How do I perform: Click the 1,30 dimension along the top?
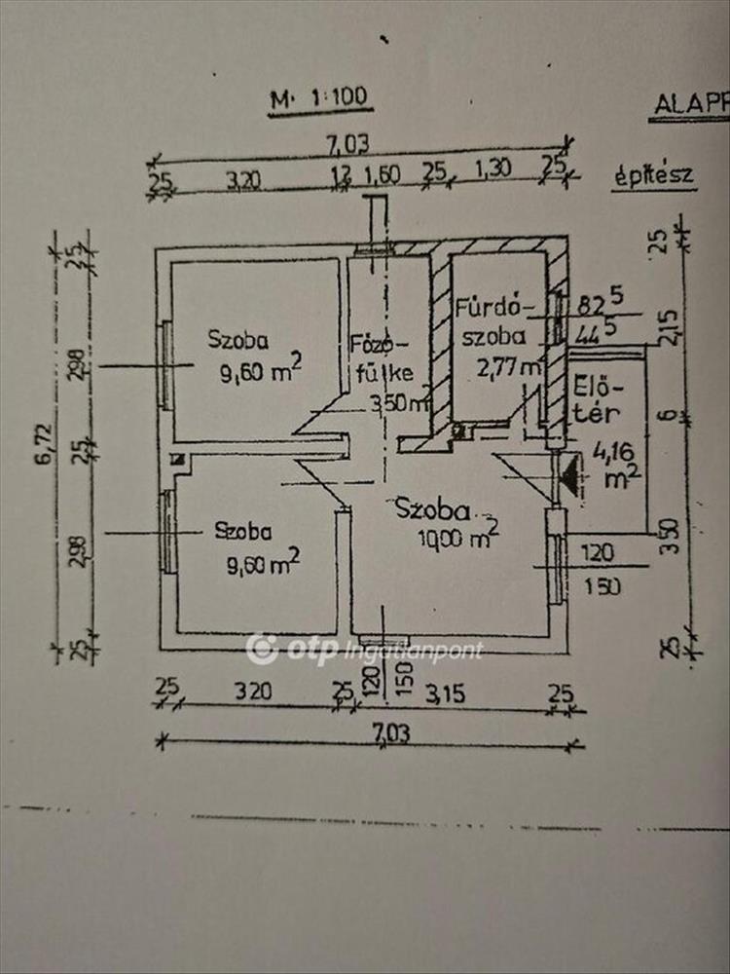tap(493, 170)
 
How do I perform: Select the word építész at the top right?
tap(653, 176)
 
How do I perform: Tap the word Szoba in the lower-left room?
tap(243, 532)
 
